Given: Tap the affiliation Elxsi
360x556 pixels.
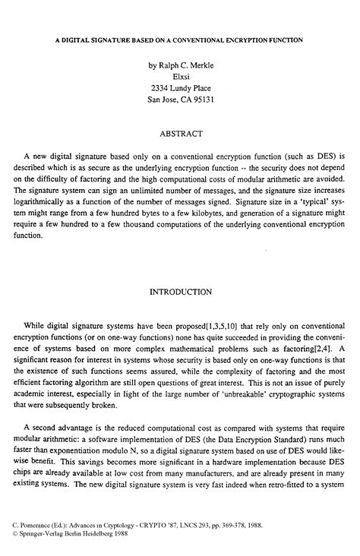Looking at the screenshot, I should tap(181, 79).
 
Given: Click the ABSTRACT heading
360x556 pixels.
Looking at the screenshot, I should tap(181, 134).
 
